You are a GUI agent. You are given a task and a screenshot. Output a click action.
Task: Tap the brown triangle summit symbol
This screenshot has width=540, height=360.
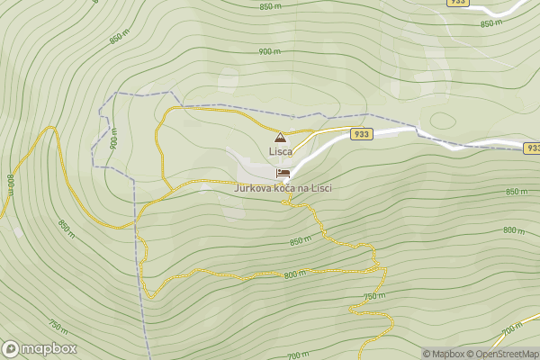point(280,138)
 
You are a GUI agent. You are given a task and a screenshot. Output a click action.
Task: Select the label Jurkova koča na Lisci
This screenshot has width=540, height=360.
point(283,187)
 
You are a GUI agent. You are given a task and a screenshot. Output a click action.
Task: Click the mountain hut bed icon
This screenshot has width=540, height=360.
point(283,172)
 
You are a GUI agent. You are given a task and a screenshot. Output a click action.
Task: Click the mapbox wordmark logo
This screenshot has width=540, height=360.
point(40,348)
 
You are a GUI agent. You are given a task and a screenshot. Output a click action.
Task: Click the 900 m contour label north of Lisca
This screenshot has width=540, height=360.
point(269,51)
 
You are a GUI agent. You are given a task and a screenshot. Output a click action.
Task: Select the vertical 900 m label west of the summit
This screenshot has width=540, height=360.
point(114,142)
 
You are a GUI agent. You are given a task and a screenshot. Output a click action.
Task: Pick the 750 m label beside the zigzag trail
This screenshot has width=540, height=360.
point(374,296)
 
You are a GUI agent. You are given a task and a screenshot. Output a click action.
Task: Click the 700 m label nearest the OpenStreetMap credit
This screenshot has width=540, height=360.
point(511,329)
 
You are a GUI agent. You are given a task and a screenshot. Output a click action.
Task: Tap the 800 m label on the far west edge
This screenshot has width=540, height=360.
point(11,184)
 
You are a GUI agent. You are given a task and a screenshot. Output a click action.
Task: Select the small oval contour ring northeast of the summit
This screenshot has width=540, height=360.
point(443,120)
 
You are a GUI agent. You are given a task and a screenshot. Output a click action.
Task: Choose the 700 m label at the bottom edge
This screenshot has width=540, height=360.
point(294,355)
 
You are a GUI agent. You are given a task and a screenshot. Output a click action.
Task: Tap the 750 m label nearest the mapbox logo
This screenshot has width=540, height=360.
point(58,327)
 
